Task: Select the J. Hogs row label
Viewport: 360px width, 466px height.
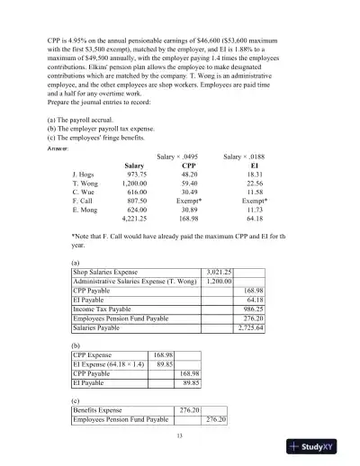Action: [85, 175]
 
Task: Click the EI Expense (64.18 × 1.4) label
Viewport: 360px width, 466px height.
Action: [103, 364]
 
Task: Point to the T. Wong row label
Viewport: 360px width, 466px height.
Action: [85, 185]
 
